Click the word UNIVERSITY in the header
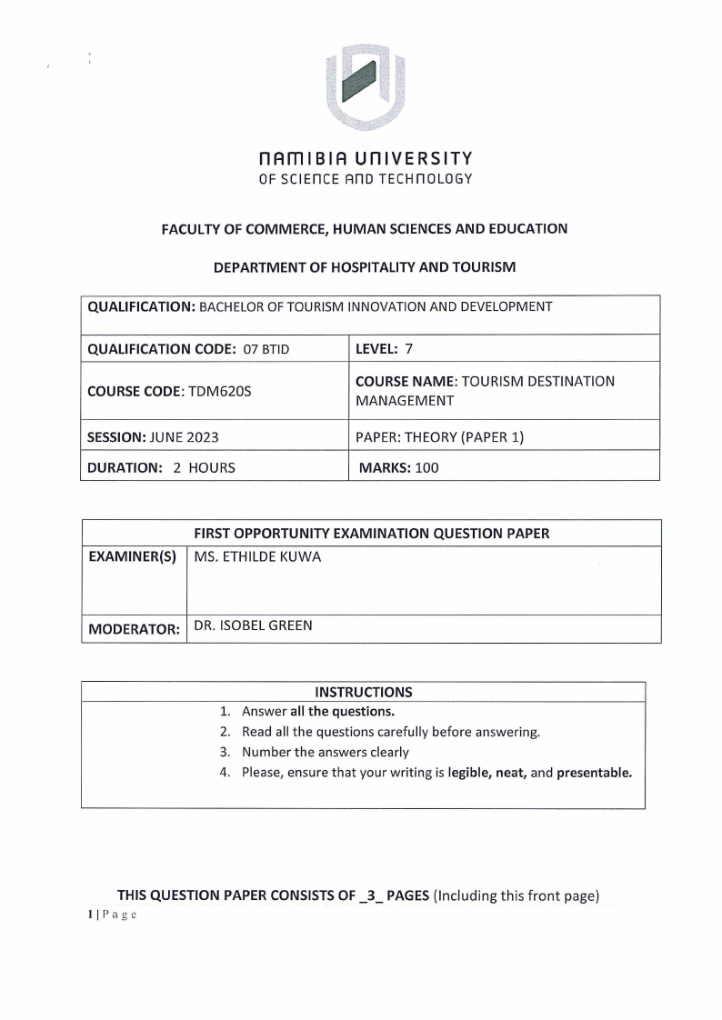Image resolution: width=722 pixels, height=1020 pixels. (x=415, y=159)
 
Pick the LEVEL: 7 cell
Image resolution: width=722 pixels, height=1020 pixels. (x=384, y=348)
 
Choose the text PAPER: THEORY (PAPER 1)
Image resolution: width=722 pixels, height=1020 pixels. (x=440, y=436)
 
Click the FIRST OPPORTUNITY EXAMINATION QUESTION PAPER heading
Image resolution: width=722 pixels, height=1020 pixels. (x=372, y=534)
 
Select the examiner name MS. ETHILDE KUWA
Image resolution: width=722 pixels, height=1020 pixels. (x=257, y=557)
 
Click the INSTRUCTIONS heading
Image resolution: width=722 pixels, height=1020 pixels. (x=363, y=692)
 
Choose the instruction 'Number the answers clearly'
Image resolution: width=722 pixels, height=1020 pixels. (x=325, y=752)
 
